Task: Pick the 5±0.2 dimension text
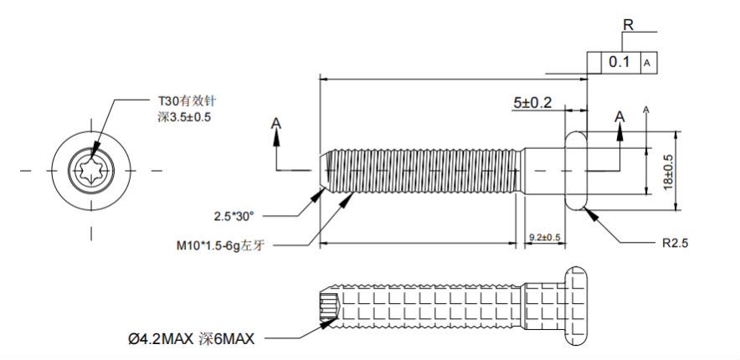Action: tap(532, 102)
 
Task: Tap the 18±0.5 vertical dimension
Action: tap(667, 171)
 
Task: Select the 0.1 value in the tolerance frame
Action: tap(619, 62)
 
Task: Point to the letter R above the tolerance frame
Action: tap(627, 24)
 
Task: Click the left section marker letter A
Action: tap(276, 123)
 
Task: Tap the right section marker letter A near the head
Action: tap(619, 115)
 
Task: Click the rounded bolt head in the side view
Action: tap(578, 170)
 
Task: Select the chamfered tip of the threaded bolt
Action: tap(326, 171)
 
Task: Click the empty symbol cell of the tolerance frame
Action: tap(594, 62)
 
